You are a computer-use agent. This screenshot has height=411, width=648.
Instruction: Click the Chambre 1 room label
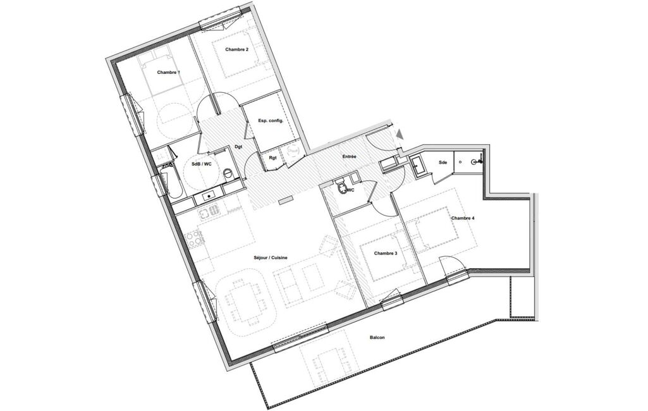point(168,72)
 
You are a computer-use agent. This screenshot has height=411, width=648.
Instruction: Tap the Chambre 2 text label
point(237,49)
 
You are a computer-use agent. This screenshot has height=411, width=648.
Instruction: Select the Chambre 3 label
point(386,253)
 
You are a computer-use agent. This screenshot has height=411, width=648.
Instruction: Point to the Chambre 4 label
point(463,218)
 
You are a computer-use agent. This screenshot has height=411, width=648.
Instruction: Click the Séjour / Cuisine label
point(271,257)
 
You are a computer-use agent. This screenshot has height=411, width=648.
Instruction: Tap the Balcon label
point(377,338)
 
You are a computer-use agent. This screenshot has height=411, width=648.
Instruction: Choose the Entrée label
point(349,157)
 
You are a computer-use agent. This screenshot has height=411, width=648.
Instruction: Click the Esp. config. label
point(271,121)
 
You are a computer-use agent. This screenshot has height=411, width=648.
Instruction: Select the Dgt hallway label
point(238,146)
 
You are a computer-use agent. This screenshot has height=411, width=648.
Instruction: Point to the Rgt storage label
point(272,157)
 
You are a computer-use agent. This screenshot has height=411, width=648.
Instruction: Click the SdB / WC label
point(202,164)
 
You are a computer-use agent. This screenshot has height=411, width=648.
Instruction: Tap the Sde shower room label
point(443,163)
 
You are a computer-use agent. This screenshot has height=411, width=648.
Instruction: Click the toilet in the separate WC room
point(342,187)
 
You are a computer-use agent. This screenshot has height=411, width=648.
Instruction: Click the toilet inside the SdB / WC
point(228,174)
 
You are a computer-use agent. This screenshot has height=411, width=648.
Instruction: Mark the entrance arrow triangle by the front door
point(400,134)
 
